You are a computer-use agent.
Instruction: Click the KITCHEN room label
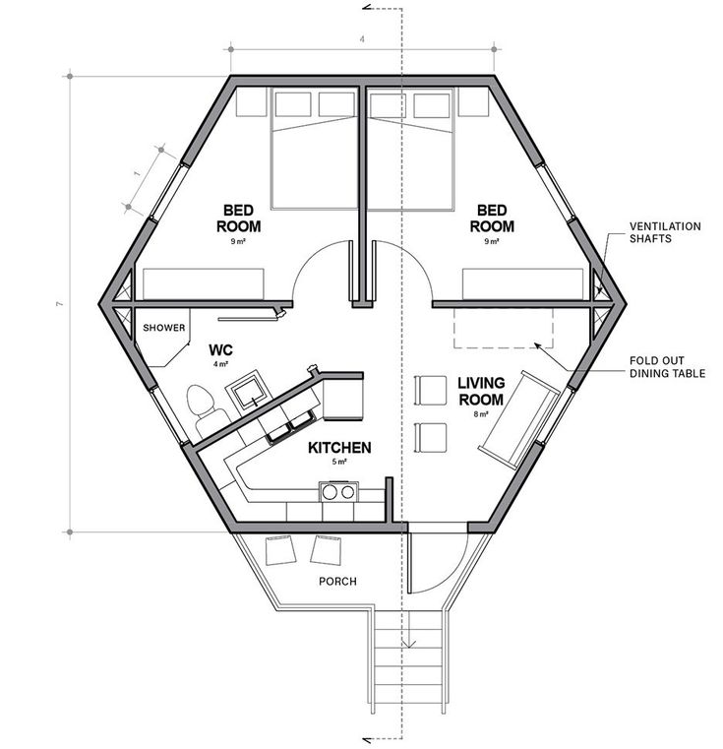339,448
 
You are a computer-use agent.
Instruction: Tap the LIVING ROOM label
481,391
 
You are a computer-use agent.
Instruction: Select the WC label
220,350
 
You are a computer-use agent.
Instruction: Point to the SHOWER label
164,328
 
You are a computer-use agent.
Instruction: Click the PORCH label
337,582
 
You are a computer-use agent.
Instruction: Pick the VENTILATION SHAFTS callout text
665,232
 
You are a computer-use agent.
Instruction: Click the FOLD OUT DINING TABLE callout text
667,367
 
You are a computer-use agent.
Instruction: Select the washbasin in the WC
251,390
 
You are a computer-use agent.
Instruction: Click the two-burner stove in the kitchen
338,492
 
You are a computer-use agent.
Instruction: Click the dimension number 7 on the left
59,303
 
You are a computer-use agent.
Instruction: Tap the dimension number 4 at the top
362,39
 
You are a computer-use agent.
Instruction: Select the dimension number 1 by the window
138,173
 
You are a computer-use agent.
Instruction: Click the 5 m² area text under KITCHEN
339,462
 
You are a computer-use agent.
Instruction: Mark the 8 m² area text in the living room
481,414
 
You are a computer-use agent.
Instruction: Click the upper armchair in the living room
431,391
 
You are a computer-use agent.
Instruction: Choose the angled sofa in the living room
519,418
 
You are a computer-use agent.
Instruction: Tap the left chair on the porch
280,550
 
